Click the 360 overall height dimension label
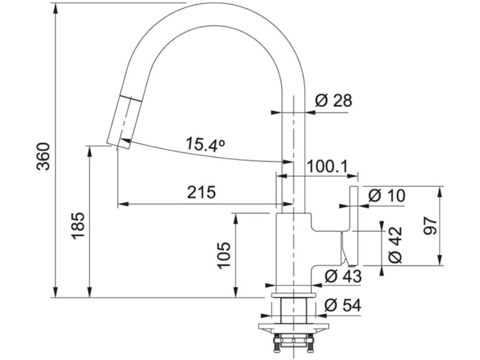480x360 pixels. tap(43, 156)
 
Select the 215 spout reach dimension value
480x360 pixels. tap(202, 192)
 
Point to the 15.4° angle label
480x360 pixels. tap(206, 145)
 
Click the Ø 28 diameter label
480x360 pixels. tap(334, 100)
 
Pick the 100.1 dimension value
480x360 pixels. tap(328, 167)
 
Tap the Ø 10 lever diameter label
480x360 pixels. tap(386, 196)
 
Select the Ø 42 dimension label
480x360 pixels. tap(395, 244)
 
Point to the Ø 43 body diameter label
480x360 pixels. tap(343, 276)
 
